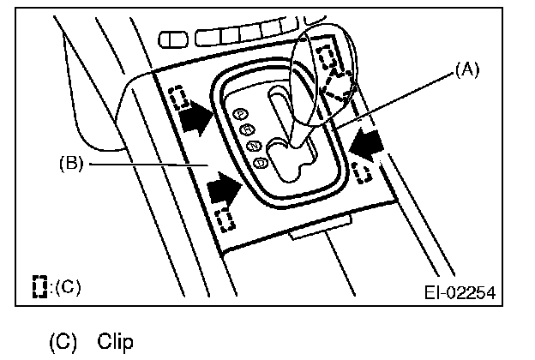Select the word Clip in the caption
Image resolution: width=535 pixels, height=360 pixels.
(x=116, y=342)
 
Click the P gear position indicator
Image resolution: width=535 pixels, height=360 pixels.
(x=242, y=113)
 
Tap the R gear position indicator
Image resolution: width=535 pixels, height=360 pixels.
(x=247, y=129)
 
